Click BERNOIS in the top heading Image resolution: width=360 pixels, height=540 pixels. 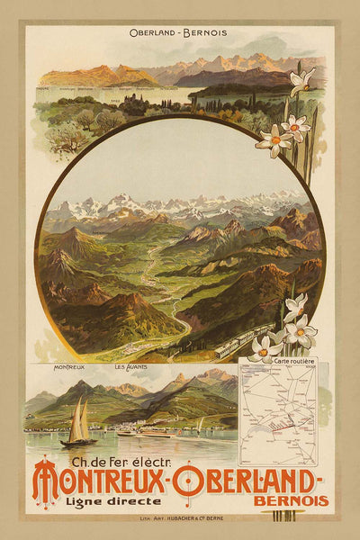(x=206, y=33)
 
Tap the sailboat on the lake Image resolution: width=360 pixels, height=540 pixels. (x=79, y=425)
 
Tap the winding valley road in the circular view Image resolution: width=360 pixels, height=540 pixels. (x=160, y=270)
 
